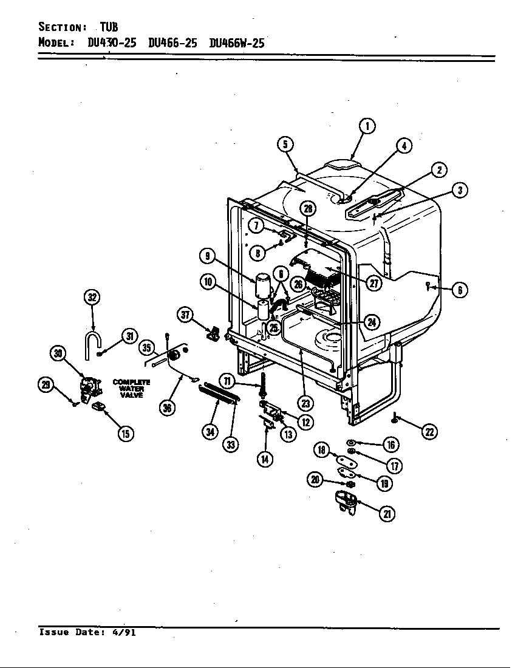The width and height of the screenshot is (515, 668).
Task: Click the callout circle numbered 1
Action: pos(367,126)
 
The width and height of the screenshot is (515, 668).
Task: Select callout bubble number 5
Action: pos(285,144)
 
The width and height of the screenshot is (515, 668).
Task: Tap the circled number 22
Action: pos(429,432)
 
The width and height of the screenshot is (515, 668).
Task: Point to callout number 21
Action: pos(386,514)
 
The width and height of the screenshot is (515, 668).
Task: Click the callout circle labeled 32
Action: pos(92,298)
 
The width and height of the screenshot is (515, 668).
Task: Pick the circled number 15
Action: pos(126,433)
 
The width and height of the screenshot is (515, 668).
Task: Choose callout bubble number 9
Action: pos(208,256)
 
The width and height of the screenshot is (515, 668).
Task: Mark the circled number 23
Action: pos(305,403)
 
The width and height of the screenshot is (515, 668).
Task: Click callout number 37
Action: pos(186,315)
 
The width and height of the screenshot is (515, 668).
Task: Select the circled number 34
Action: pos(210,432)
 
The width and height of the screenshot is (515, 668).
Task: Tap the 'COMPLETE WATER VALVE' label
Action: pos(131,389)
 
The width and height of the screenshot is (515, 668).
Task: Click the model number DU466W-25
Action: pos(236,43)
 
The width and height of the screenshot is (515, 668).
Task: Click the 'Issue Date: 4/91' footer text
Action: pos(87,632)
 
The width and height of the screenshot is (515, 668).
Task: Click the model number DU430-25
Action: pos(112,43)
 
